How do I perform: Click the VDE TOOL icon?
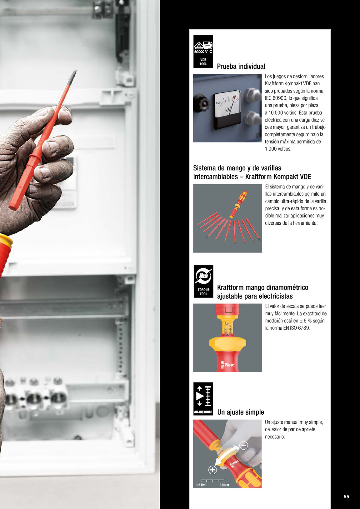[x=203, y=51]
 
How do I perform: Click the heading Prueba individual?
[x=241, y=66]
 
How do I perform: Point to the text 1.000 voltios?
[x=278, y=149]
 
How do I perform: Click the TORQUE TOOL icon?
[x=203, y=281]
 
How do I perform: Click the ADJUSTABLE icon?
[x=203, y=399]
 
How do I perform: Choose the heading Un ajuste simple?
[x=241, y=412]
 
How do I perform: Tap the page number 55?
[x=346, y=497]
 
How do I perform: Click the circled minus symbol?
[x=244, y=445]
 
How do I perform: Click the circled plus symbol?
[x=212, y=470]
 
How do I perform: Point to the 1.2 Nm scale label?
[x=201, y=485]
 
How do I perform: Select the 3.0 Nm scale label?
[x=224, y=485]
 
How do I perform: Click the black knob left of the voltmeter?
[x=201, y=103]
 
